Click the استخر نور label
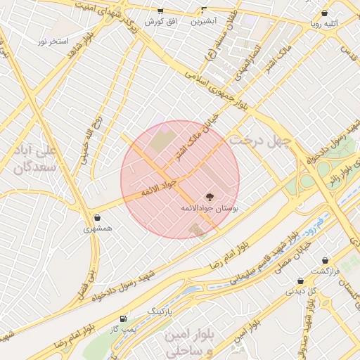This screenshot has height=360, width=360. point(53,41)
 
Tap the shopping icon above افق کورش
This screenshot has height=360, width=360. point(160,11)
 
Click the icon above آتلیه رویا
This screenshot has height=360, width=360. point(324,13)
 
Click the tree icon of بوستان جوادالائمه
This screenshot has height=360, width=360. point(209,196)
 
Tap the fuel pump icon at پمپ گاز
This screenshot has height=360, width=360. point(124,318)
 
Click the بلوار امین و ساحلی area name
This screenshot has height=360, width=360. point(188,341)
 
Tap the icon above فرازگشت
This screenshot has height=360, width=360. point(326,260)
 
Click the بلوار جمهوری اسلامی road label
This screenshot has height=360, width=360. point(218,93)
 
